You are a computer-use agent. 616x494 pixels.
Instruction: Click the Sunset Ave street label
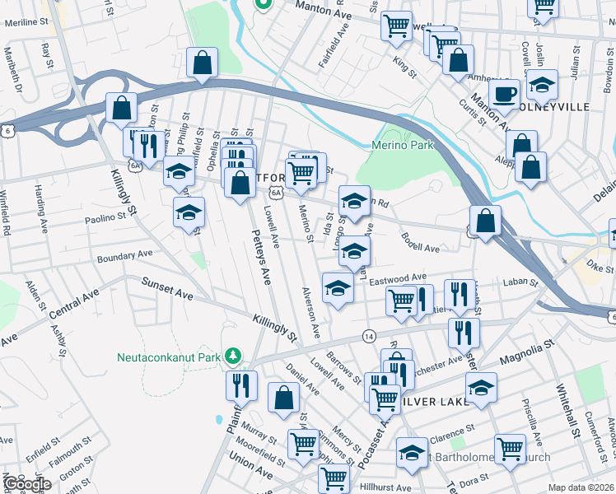point(167,293)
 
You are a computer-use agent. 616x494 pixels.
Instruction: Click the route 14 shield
point(369,336)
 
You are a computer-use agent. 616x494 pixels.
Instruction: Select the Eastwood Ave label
point(398,278)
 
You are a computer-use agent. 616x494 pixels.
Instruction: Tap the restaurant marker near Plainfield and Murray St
point(241,384)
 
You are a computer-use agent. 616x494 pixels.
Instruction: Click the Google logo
point(26,483)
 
